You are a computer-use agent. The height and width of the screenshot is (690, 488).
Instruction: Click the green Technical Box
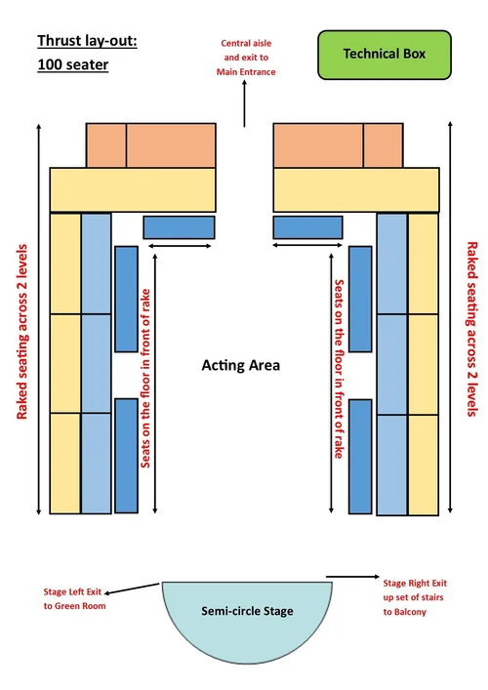click(x=385, y=55)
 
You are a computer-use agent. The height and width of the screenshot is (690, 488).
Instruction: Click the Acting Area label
click(x=241, y=366)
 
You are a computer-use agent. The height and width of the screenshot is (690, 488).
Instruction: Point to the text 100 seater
click(x=73, y=65)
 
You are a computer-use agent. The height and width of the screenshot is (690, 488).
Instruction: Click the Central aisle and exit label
click(x=246, y=58)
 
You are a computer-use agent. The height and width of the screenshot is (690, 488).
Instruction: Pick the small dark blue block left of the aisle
click(x=179, y=227)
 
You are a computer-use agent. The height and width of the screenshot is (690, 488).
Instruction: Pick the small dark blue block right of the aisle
click(x=308, y=227)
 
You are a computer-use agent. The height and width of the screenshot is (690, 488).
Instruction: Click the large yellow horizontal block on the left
click(x=133, y=189)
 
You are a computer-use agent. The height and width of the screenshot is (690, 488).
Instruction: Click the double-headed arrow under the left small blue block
click(x=179, y=246)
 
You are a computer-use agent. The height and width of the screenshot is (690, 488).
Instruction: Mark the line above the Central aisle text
click(x=245, y=113)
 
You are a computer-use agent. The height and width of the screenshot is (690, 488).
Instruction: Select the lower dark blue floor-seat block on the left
click(x=126, y=455)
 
